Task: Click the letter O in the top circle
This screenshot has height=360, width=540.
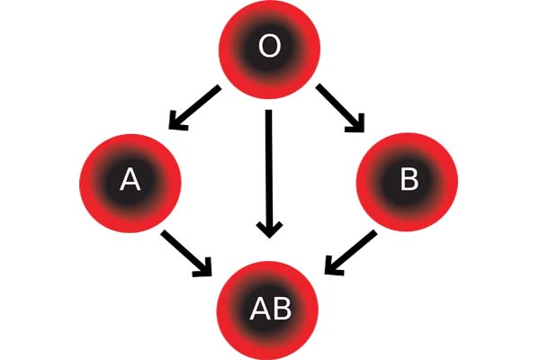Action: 269,47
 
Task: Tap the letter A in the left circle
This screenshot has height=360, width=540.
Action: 130,180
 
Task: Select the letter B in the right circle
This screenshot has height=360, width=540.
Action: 409,179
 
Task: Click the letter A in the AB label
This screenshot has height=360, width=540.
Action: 261,309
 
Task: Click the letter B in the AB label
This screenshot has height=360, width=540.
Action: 282,309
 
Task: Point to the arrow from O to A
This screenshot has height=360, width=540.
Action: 194,108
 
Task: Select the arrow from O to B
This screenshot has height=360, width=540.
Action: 340,108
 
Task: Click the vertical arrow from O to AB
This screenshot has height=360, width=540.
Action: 269,174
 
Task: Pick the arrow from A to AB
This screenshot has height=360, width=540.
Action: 186,253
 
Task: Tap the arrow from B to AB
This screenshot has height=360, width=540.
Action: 351,253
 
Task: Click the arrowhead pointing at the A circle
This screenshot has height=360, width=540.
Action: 177,121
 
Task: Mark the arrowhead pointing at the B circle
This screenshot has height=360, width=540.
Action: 355,123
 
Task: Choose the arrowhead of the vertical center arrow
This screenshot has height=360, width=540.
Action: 269,230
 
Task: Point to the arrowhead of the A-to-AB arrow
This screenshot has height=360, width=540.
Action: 203,267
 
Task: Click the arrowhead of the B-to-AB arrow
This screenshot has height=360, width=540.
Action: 333,266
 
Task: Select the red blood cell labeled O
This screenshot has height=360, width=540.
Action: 270,49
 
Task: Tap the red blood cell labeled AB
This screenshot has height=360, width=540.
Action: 267,310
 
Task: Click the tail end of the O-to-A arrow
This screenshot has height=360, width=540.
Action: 219,88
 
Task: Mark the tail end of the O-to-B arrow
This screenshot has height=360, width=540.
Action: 319,86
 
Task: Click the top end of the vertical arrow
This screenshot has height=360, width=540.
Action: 268,110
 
